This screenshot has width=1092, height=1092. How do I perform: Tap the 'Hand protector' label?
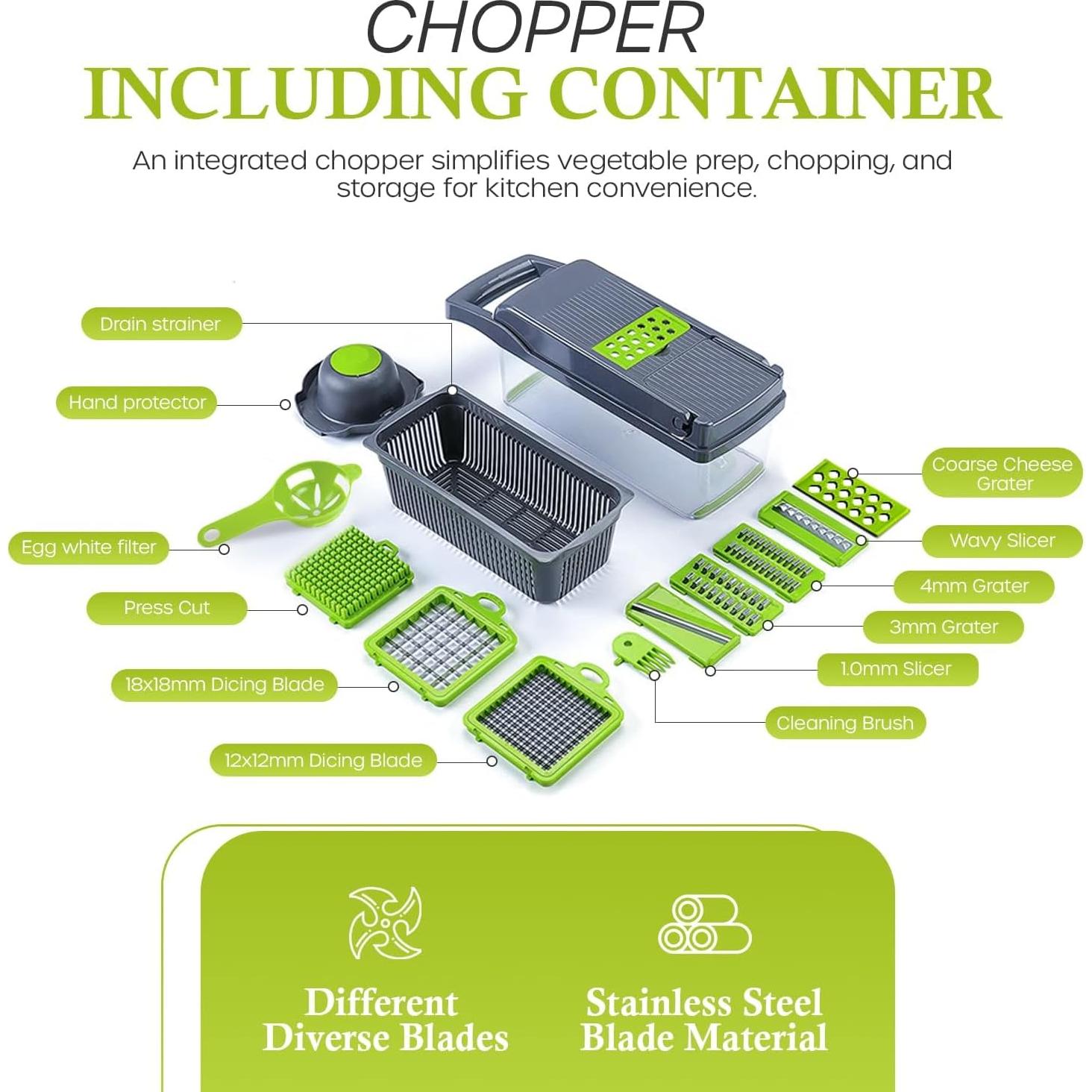[136, 403]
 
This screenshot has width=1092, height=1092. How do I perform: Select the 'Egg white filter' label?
[89, 547]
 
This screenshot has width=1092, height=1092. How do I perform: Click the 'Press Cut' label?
[166, 608]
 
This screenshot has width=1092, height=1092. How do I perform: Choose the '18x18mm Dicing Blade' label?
[225, 685]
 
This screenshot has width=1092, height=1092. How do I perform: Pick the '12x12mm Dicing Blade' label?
[323, 761]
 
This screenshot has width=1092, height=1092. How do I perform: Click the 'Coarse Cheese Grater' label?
[1002, 474]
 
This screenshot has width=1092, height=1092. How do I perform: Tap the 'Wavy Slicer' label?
[1002, 542]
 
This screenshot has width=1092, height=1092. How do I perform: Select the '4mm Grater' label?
[974, 586]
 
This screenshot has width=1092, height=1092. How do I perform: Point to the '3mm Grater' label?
[944, 627]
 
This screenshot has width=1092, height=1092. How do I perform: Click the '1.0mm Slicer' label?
[897, 669]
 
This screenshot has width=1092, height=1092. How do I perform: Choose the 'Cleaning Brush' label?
[845, 724]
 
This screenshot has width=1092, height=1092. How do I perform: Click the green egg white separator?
[279, 503]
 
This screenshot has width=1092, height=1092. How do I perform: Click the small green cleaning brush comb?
[642, 652]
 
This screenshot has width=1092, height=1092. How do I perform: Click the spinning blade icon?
[385, 923]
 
